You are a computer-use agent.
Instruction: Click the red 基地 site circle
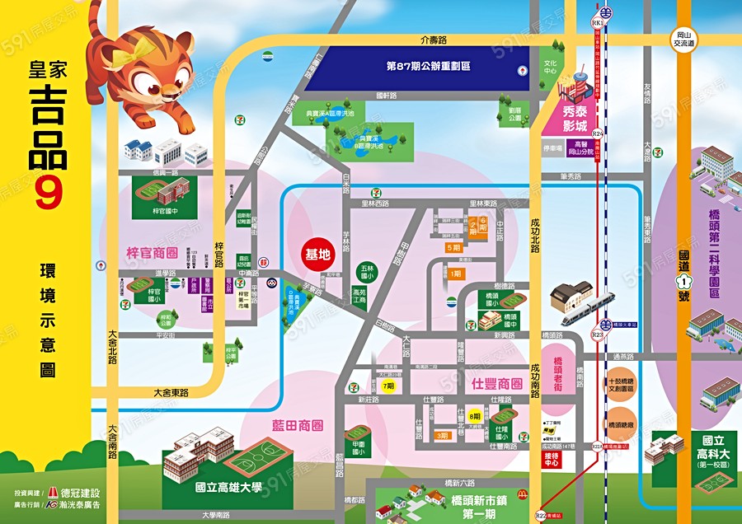coord(317,255)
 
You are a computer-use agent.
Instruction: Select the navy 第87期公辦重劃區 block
coord(428,65)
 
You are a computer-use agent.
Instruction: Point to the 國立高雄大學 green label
coord(228,488)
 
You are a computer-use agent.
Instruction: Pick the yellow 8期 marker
coord(474,416)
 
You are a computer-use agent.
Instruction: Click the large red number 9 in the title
coord(49,194)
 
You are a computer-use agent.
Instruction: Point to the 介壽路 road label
coord(432,39)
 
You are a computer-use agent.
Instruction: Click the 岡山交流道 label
coord(683,39)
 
